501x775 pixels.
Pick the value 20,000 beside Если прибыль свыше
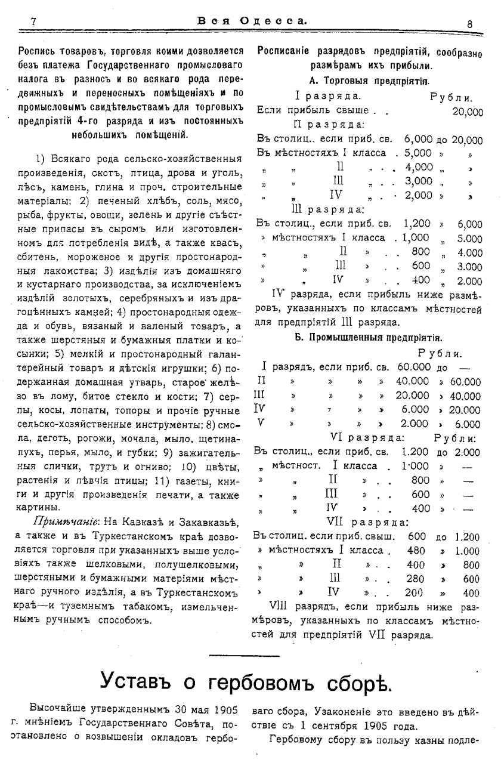[x=468, y=112]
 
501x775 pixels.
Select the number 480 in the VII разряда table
[x=416, y=551]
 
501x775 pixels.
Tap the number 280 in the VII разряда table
[x=416, y=579]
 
